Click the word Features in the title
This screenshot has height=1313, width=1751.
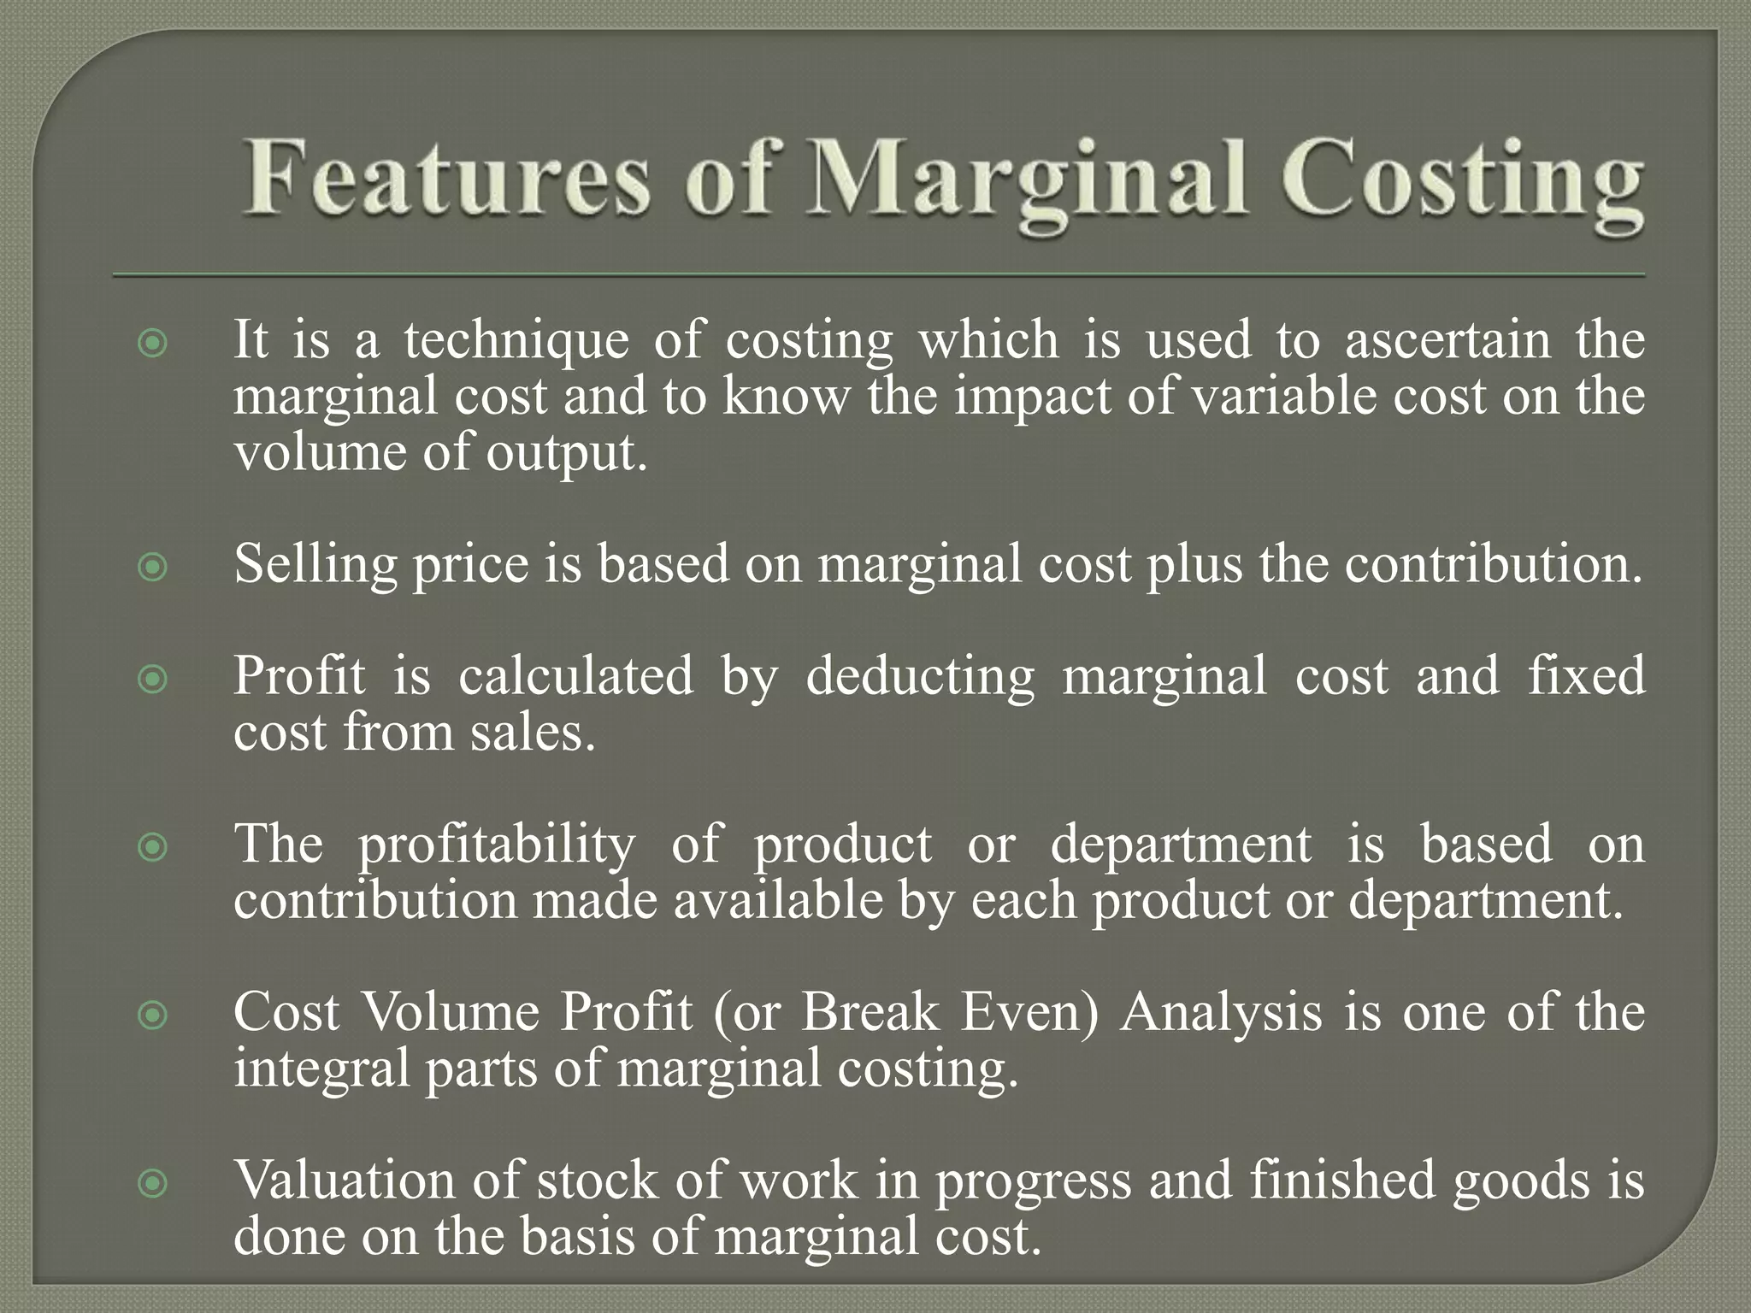[445, 179]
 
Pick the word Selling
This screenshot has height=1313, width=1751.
[315, 566]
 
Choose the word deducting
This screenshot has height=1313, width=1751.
[920, 676]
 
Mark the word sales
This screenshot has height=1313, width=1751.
[531, 733]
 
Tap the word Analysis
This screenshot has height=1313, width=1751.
[1222, 1012]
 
